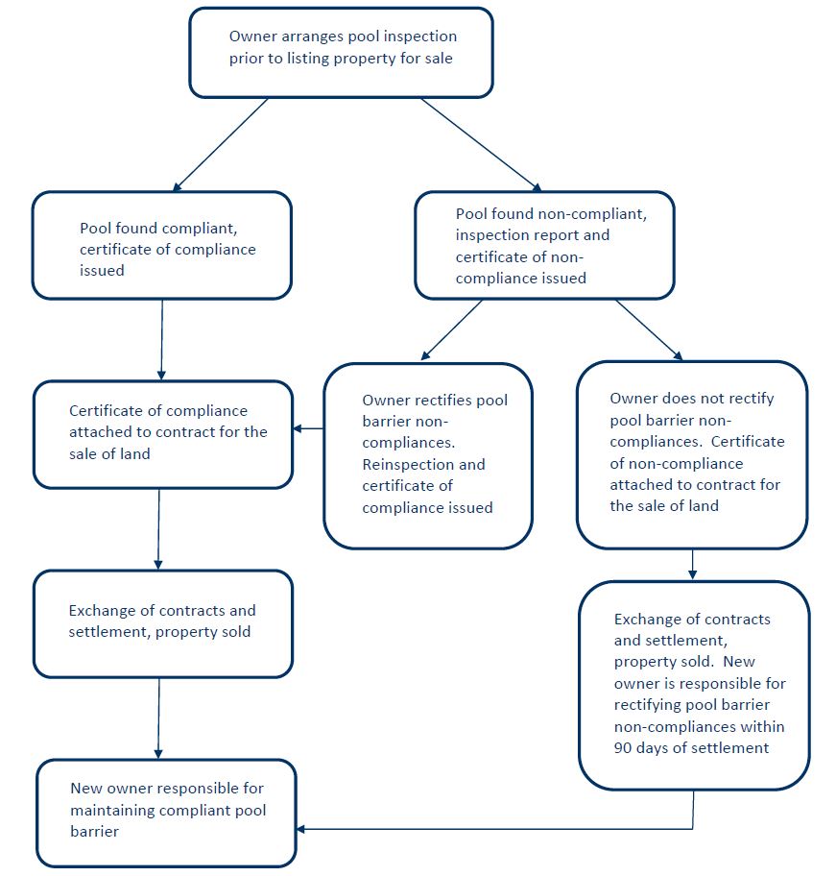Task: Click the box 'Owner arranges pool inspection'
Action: click(x=341, y=53)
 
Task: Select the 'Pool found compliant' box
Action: click(x=162, y=245)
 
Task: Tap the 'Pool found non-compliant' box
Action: click(x=544, y=245)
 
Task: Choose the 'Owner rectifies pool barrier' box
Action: click(x=428, y=456)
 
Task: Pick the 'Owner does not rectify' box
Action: click(x=692, y=454)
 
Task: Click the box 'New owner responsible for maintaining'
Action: click(x=166, y=813)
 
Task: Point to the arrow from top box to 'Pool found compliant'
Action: click(x=221, y=145)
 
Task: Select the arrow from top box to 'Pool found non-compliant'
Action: click(x=481, y=145)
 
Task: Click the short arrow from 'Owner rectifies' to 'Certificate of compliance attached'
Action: click(x=308, y=428)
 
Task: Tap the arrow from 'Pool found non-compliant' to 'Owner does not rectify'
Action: click(x=649, y=329)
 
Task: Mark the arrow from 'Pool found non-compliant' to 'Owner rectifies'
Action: click(x=451, y=329)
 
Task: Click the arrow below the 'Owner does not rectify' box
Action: click(x=693, y=564)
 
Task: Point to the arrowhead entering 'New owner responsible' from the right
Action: click(x=300, y=829)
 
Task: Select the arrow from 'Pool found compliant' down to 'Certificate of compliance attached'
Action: click(x=162, y=340)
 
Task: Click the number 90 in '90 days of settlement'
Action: click(x=623, y=748)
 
